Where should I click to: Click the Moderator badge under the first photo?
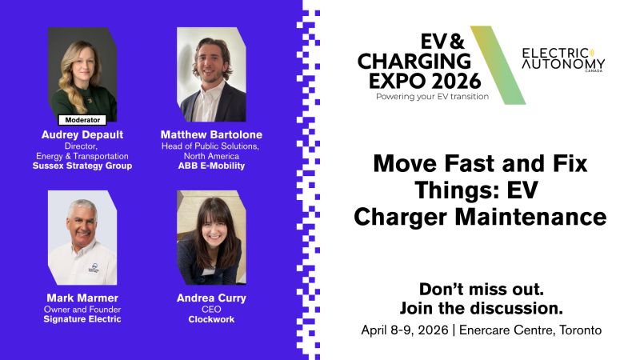coord(82,120)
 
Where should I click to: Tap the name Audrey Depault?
coord(82,134)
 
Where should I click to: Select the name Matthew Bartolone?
coord(211,134)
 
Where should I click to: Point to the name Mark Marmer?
coord(82,298)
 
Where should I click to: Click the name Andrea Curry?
coord(211,298)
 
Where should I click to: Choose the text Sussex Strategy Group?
coord(82,166)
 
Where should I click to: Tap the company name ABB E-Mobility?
coord(211,166)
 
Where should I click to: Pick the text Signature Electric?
coord(82,319)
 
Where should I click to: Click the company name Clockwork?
coord(211,319)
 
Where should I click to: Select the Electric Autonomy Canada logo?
coord(563,60)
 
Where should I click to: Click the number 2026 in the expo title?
coord(456,81)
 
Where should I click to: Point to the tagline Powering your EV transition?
coord(432,97)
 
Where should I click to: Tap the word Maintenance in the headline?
coord(530,217)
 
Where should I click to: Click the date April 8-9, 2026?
coord(405,330)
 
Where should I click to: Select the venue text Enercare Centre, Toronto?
coord(530,330)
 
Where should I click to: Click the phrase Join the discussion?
coord(482,308)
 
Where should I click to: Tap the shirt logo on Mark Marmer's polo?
coord(94,267)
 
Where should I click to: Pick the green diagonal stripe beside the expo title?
coord(498,66)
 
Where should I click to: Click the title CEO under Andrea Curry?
coord(211,310)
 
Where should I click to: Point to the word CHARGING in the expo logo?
coord(414,62)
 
